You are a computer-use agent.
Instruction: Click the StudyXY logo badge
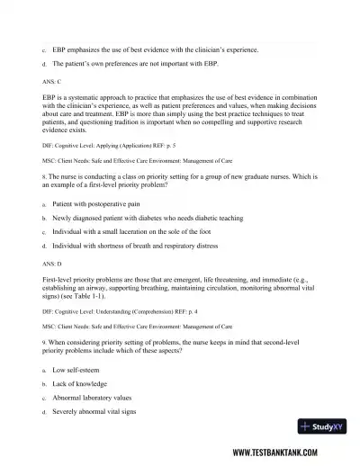tap(324, 426)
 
